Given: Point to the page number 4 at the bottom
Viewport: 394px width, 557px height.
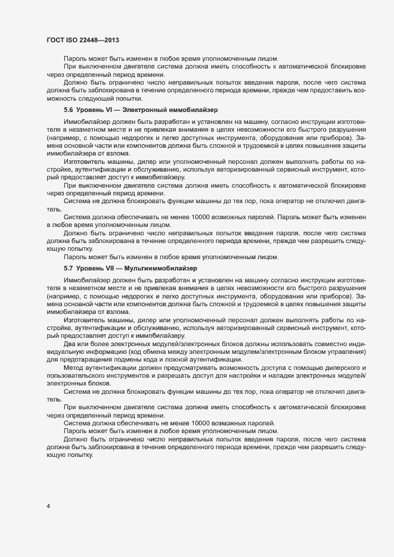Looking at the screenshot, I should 47,506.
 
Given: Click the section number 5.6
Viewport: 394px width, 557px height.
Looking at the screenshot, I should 68,110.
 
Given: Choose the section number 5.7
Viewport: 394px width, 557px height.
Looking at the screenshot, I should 68,269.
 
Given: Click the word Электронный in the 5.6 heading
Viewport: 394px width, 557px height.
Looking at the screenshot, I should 150,110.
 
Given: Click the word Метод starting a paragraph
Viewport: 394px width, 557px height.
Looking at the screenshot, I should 74,368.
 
